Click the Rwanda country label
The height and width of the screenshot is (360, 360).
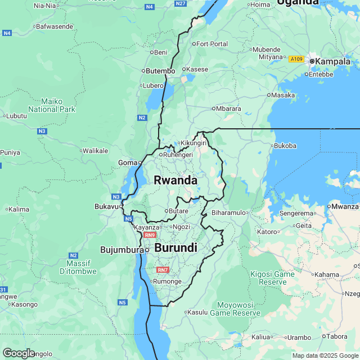pos(175,181)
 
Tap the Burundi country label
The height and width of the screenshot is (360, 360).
pos(175,248)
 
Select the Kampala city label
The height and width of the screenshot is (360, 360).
pos(333,61)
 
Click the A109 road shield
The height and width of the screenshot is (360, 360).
pos(296,59)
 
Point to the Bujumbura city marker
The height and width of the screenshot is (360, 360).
pos(147,249)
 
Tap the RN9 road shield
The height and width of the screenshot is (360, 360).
pos(149,235)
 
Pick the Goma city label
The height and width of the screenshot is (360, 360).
pos(128,163)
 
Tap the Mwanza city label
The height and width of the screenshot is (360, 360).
pos(345,206)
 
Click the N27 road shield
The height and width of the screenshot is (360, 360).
pos(181,3)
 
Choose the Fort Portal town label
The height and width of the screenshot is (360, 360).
pos(212,44)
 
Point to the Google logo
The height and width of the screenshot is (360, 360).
pos(19,353)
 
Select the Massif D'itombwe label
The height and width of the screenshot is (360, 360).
pos(81,267)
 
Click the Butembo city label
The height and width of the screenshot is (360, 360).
pos(160,71)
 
